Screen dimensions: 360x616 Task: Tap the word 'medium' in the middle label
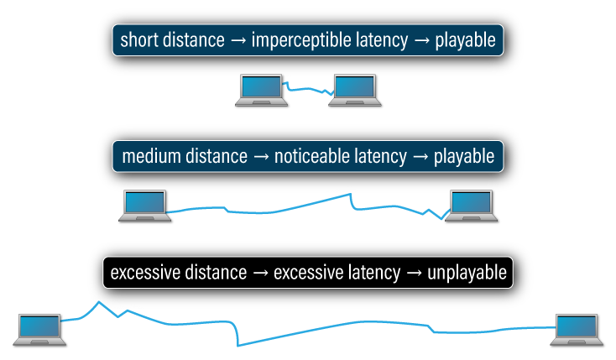149,156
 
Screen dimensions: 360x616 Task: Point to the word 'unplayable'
466,273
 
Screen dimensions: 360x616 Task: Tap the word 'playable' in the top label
465,40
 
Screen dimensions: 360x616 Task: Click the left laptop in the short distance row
261,89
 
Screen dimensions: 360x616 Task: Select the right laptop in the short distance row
356,89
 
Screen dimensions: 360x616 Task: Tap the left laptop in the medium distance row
144,205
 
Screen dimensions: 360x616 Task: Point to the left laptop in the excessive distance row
39,329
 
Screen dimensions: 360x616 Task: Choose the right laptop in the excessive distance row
576,328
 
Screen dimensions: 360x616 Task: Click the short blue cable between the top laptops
308,86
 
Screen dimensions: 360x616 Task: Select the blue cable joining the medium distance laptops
277,206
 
